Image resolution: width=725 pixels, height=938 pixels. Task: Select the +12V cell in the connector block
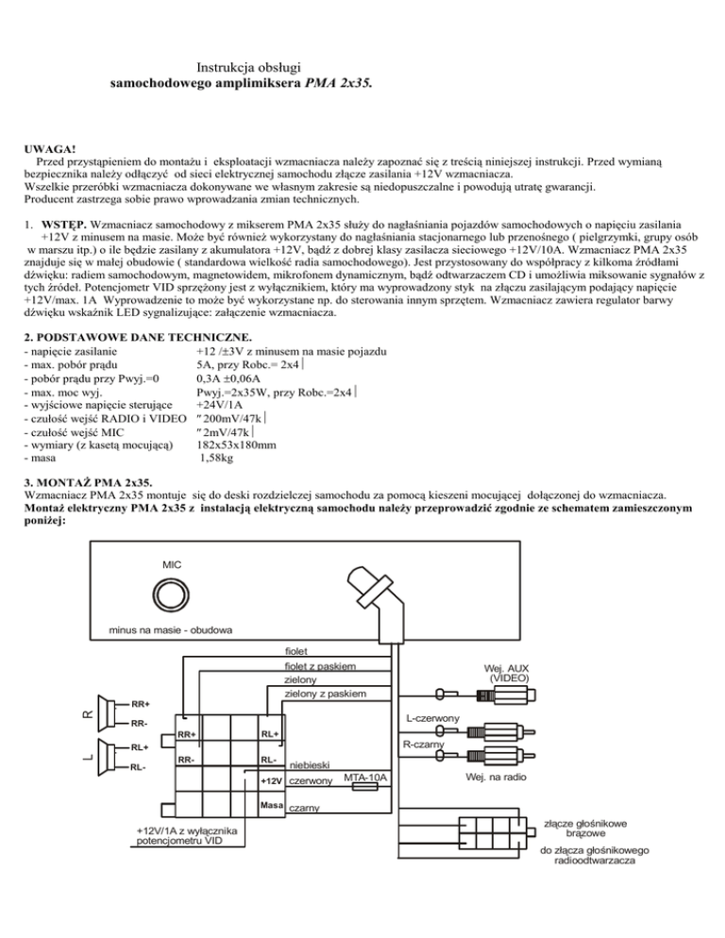pyautogui.click(x=272, y=781)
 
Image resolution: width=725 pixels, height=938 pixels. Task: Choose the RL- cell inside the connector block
pyautogui.click(x=270, y=759)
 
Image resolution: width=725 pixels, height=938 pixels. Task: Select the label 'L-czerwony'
pyautogui.click(x=433, y=720)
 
